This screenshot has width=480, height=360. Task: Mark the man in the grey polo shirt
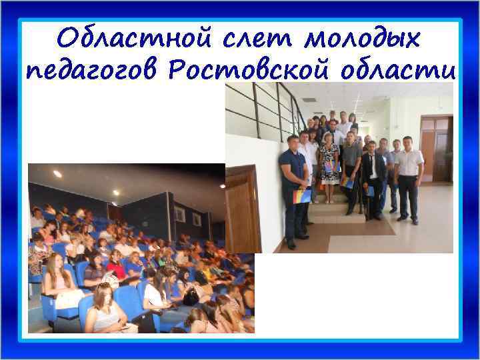(x=351, y=167)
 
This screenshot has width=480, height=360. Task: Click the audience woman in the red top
(x=115, y=267)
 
